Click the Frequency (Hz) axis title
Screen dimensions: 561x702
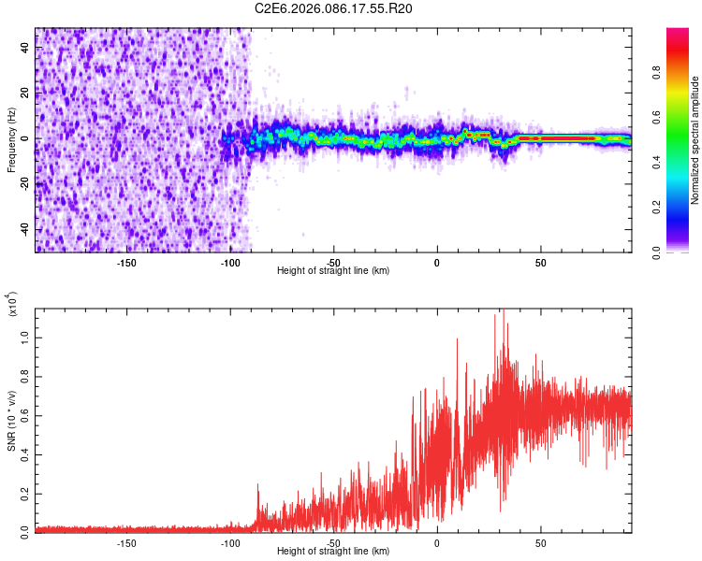[x=11, y=139]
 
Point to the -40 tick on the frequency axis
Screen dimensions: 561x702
[x=24, y=229]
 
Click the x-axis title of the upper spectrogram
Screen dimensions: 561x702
[x=333, y=271]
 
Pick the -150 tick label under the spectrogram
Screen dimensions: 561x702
[x=127, y=262]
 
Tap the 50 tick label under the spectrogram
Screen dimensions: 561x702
[x=540, y=262]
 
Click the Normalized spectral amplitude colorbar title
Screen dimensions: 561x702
[x=695, y=141]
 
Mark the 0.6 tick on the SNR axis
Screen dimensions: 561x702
[x=24, y=412]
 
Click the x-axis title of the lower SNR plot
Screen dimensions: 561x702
[x=333, y=552]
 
